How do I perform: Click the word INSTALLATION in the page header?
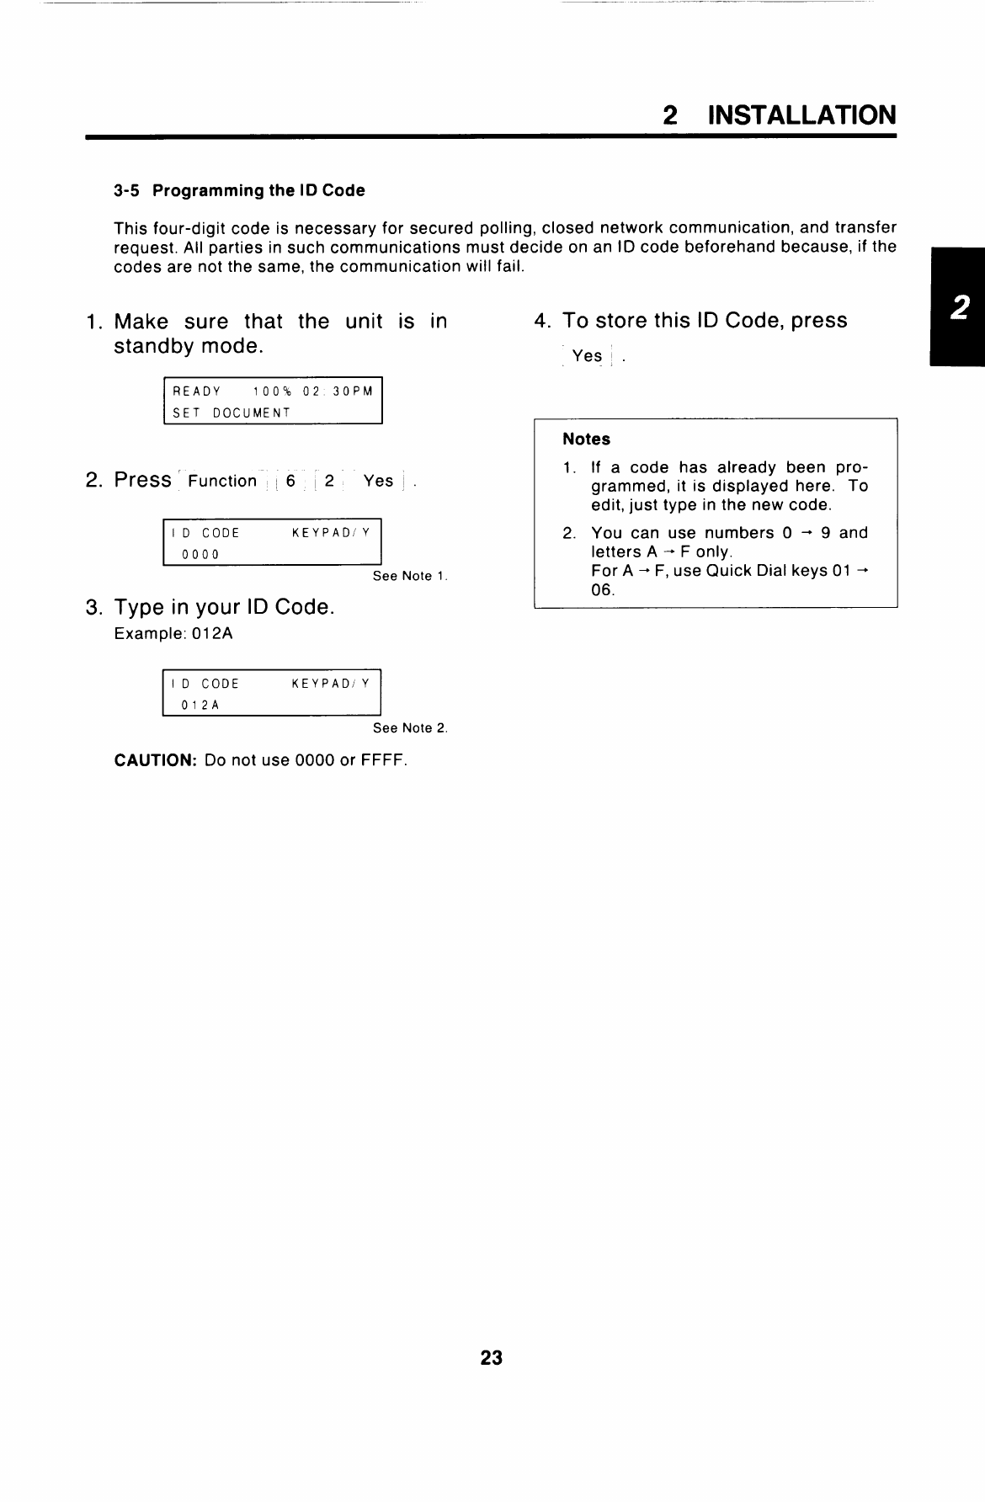(801, 115)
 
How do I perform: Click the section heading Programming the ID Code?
(258, 190)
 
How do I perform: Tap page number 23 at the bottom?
(492, 1358)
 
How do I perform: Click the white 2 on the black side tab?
(959, 309)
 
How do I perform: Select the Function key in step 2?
(222, 481)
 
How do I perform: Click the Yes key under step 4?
(587, 356)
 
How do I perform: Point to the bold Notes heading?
(586, 439)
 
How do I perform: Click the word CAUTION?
(155, 760)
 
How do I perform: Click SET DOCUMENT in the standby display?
(232, 413)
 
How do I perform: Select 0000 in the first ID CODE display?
(200, 554)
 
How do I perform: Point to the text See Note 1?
(410, 576)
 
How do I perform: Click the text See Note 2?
(410, 727)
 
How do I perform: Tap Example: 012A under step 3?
(173, 633)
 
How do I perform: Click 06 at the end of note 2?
(603, 589)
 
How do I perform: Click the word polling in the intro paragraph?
(508, 228)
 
